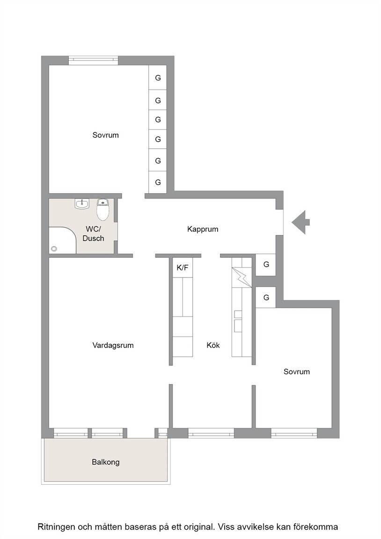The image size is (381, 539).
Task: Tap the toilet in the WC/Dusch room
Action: point(103,209)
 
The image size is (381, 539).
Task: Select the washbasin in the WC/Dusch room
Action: point(82,204)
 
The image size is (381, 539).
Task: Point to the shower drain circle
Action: point(54,248)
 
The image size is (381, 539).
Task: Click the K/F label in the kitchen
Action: point(183,268)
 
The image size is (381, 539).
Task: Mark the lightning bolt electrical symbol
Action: point(242,277)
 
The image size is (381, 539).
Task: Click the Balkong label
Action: point(106,462)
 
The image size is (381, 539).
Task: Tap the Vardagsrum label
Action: point(113,345)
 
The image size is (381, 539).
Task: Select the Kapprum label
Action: point(203,229)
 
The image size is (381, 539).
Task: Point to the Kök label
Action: point(213,345)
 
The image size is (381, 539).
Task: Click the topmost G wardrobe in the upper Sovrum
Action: point(158,78)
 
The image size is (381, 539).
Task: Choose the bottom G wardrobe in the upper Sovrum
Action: point(158,182)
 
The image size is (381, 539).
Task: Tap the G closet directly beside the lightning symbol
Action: point(266,265)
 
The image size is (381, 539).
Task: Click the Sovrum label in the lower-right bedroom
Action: point(296,371)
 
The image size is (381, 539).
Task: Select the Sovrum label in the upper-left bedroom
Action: point(106,135)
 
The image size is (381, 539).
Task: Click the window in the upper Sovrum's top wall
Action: point(93,60)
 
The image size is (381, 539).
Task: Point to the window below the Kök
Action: point(211,433)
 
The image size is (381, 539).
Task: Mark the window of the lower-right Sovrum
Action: point(294,433)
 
